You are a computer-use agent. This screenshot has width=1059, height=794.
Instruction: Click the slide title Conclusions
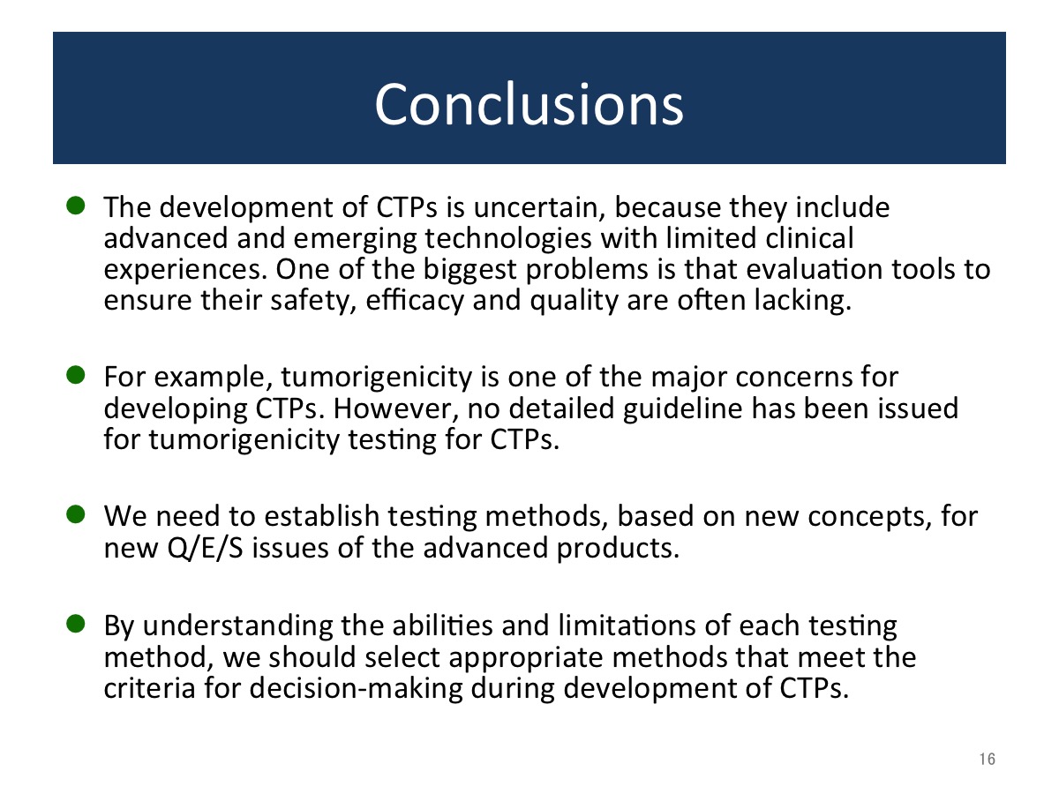pos(529,105)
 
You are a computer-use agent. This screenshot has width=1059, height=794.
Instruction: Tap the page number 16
pos(988,759)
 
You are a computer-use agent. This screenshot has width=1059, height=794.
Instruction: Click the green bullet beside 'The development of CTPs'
pos(76,206)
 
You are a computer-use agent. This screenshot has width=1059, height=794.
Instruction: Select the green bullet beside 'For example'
pos(76,375)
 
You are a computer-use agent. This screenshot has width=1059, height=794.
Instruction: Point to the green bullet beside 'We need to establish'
pos(76,514)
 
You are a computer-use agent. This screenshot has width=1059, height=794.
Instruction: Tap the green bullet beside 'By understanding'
pos(76,624)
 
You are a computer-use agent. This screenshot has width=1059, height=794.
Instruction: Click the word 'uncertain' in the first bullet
pos(539,208)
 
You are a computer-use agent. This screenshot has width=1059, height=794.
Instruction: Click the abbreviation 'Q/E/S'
pos(205,549)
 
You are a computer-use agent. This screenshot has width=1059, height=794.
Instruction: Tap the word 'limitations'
pos(627,625)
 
